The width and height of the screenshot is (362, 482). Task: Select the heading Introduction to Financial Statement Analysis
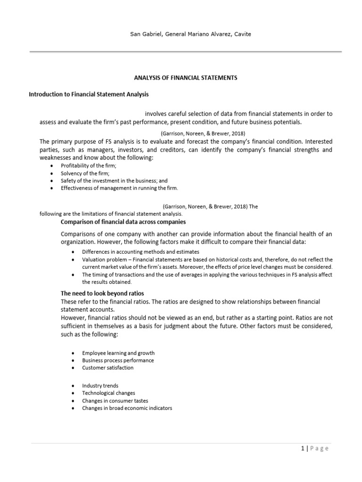pos(89,94)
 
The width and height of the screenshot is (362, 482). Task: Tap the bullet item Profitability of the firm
pos(88,166)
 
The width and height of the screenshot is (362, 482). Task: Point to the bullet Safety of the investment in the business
pos(114,180)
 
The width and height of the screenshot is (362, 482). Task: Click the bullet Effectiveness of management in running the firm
pos(119,188)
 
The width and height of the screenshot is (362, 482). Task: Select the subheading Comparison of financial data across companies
pos(123,222)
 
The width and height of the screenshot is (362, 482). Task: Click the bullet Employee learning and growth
pos(118,353)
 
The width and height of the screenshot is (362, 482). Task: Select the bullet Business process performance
pos(118,360)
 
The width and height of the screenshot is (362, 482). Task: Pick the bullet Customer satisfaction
pos(107,368)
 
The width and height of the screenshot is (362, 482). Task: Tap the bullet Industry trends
pos(100,386)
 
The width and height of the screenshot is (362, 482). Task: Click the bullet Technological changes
pos(108,393)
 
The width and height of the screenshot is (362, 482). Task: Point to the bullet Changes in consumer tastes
pos(115,401)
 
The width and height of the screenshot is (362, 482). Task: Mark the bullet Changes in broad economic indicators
pos(127,408)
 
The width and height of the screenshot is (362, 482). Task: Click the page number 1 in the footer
pos(302,449)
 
